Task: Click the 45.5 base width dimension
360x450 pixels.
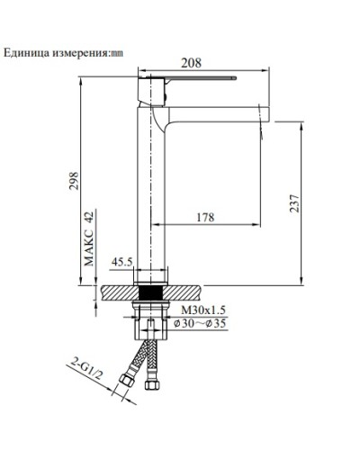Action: click(x=122, y=263)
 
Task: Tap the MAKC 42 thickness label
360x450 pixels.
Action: click(x=89, y=237)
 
